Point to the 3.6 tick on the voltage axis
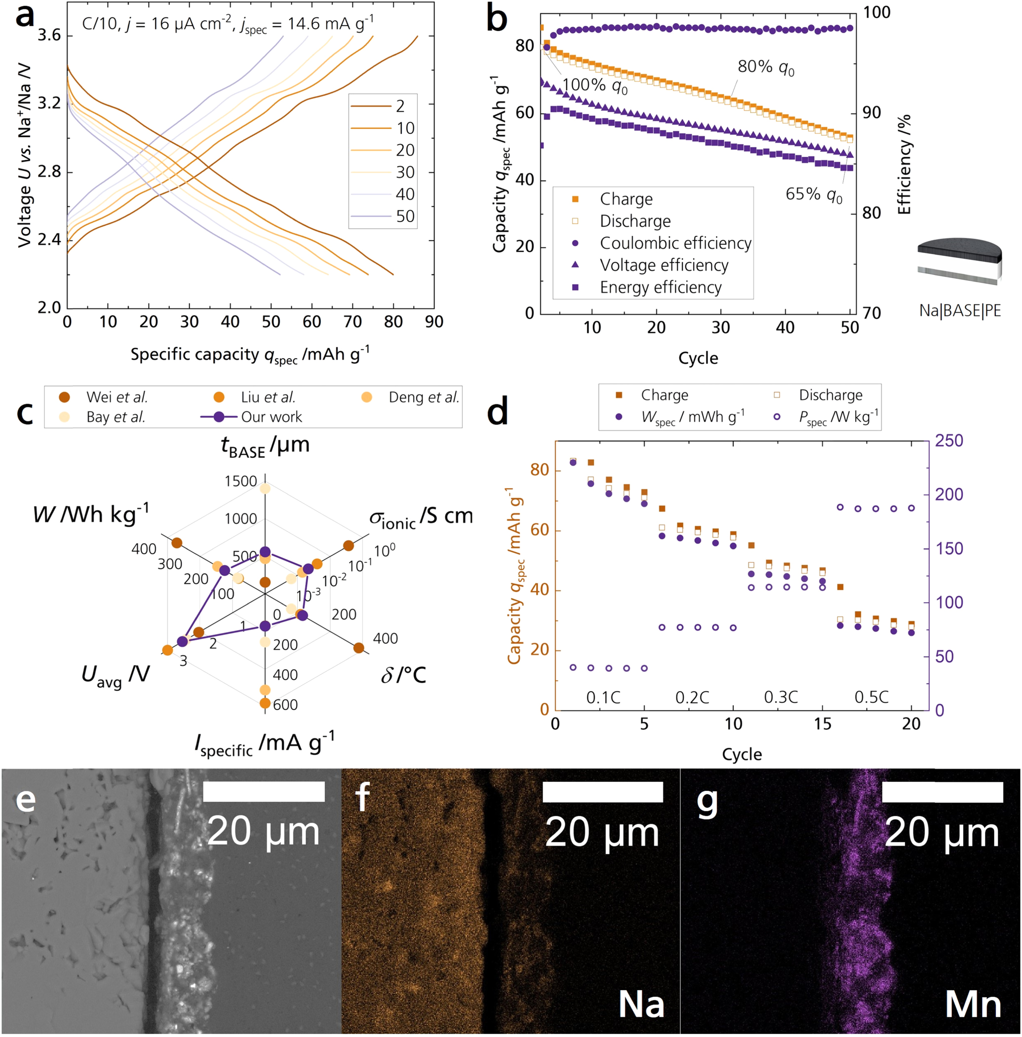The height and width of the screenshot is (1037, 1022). [x=49, y=36]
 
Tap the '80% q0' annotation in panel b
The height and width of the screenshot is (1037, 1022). [x=765, y=67]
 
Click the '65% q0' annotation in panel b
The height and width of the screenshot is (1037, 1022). [x=813, y=194]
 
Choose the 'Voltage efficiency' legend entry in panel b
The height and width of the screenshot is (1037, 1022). [x=664, y=265]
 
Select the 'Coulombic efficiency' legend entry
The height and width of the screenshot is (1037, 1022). [x=675, y=243]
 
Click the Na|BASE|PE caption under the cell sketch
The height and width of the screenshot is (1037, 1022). [x=959, y=311]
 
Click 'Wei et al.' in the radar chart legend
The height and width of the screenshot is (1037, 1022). [x=117, y=397]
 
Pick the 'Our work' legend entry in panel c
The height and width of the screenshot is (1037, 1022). [x=271, y=417]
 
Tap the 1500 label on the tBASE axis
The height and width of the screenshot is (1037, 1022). [x=240, y=481]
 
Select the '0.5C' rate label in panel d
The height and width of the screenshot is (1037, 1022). [x=871, y=698]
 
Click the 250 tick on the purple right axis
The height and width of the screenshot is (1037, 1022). [x=948, y=441]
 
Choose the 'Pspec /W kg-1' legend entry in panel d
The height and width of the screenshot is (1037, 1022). [x=838, y=417]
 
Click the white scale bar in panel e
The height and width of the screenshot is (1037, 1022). [x=264, y=792]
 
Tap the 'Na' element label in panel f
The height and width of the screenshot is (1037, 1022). [x=641, y=1004]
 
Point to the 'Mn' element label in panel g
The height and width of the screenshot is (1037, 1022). [x=973, y=1004]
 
